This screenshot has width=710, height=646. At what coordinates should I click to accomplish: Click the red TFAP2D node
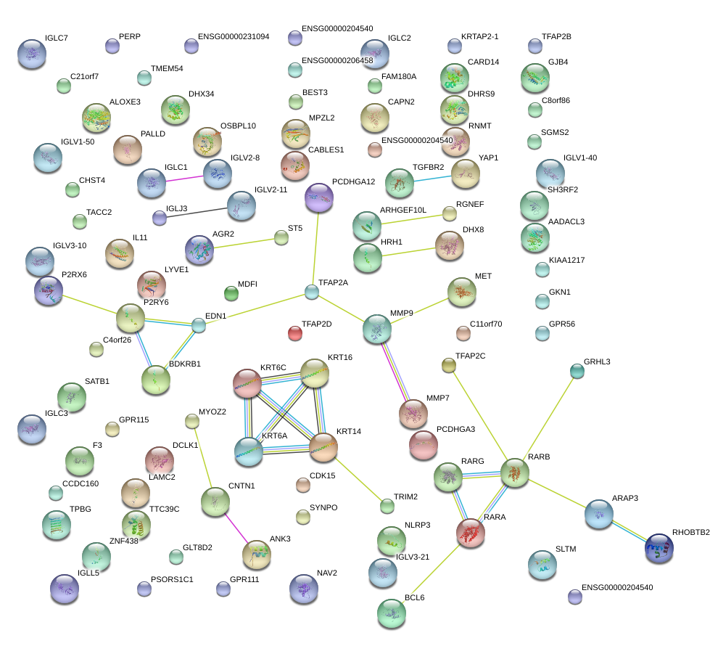tap(295, 334)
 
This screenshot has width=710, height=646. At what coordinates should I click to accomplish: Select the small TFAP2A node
tap(312, 292)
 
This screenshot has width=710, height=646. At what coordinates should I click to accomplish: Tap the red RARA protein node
tap(471, 533)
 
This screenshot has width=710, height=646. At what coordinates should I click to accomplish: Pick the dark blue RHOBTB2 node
tap(659, 548)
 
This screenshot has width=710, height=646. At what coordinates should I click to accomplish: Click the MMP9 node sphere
tap(377, 329)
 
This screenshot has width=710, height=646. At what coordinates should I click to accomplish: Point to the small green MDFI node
tap(231, 294)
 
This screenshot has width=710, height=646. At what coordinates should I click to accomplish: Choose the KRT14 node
tap(323, 447)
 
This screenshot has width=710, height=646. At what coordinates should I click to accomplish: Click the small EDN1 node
tap(198, 325)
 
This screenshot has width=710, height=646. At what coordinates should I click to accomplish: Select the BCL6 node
tap(392, 613)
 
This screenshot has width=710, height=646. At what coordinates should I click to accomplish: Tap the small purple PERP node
tap(112, 46)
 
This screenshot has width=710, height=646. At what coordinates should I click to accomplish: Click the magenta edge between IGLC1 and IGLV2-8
tap(185, 179)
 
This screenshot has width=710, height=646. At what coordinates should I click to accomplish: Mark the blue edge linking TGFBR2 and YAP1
tap(432, 179)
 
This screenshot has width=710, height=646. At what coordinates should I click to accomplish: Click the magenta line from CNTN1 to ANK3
tap(236, 528)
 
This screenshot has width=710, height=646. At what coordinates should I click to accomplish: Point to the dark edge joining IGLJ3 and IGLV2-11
tap(197, 213)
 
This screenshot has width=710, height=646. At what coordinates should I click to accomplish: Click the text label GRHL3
tap(597, 361)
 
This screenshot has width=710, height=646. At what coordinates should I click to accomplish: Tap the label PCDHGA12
tap(354, 181)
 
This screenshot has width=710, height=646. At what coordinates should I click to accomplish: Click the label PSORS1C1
tap(172, 579)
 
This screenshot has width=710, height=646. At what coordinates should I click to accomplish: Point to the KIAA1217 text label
tap(567, 260)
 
